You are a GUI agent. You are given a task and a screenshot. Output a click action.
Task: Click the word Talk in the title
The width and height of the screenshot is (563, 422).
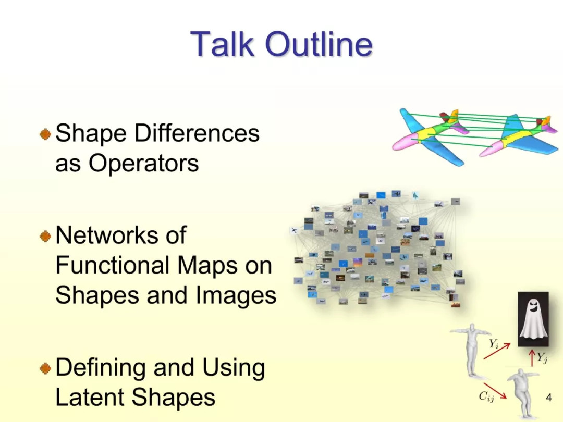coord(223,44)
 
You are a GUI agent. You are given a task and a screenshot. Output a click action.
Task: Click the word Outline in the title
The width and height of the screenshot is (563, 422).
coord(319,44)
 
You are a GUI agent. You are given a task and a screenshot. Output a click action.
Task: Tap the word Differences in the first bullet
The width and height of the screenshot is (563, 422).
coord(197,133)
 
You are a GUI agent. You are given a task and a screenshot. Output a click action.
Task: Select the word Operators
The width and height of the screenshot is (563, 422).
coord(143,163)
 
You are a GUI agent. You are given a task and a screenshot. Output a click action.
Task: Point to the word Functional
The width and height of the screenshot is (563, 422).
coord(113,265)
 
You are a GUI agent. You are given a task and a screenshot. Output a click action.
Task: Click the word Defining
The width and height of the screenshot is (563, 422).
coord(101,367)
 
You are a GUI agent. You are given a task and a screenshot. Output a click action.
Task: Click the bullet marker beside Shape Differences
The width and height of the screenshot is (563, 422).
coord(45,134)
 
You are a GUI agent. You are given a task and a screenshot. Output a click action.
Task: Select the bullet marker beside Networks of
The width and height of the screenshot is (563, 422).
coord(45,236)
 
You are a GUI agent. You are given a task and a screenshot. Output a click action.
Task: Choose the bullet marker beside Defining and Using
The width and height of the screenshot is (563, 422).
coord(45,368)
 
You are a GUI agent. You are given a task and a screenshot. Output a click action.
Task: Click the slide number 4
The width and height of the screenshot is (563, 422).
coord(548,397)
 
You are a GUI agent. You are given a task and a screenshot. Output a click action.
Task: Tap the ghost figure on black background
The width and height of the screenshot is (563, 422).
coord(533,319)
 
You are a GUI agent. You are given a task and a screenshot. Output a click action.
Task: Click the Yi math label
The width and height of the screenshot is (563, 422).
coord(494,344)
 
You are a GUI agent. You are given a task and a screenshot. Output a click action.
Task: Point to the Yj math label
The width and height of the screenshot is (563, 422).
coord(542,357)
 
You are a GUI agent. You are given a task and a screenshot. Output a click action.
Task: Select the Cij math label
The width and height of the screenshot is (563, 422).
coord(486,396)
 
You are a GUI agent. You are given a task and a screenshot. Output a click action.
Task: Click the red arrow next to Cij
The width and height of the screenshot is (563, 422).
coord(495,390)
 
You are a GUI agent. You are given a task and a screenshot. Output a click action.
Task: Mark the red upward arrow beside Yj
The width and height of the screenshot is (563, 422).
coord(532,358)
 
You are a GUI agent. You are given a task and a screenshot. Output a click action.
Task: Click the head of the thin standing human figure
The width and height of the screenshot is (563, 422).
coord(471,328)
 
